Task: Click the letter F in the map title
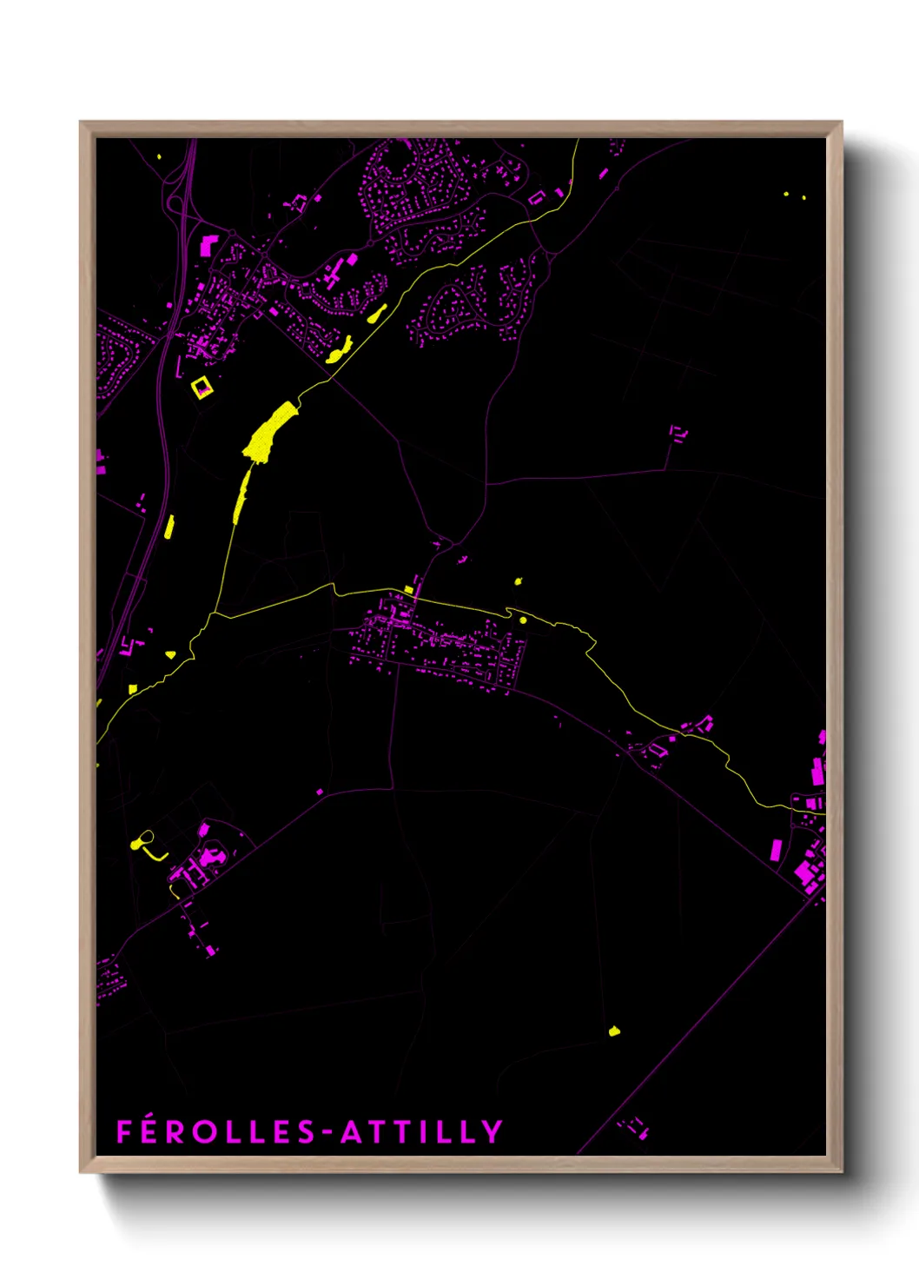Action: click(x=124, y=1131)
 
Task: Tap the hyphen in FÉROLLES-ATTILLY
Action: click(x=327, y=1132)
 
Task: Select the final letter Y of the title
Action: click(x=493, y=1131)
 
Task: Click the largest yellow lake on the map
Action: click(x=268, y=432)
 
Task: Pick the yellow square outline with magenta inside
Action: click(x=202, y=387)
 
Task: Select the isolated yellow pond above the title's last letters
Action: click(x=615, y=1031)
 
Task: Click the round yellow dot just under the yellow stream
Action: click(x=523, y=620)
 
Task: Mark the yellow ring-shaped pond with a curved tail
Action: click(x=142, y=840)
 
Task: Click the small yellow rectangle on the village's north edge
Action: click(x=408, y=591)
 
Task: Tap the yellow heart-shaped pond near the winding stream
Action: click(x=170, y=654)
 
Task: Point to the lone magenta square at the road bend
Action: click(x=320, y=792)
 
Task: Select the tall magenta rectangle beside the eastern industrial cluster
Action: click(x=776, y=850)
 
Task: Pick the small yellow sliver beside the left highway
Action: click(x=169, y=526)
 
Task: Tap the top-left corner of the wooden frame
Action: click(x=81, y=123)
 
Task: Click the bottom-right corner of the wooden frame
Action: click(x=841, y=1171)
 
